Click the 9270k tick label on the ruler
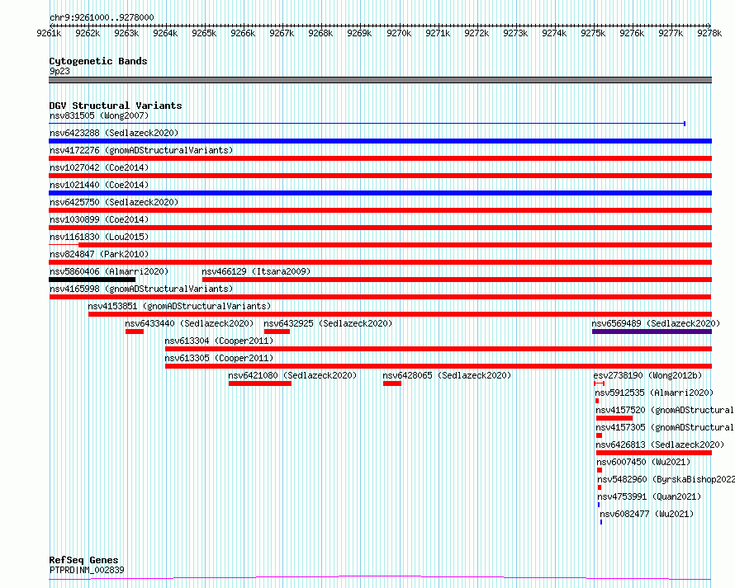coord(398,33)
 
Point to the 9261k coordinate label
coord(49,33)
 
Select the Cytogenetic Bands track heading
coord(98,61)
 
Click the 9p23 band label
coord(59,71)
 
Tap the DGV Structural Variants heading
coord(116,106)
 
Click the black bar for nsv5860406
coord(92,280)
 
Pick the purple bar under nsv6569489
coord(652,332)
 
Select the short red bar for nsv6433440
coord(135,332)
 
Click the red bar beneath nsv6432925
coord(277,332)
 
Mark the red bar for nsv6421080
coord(260,383)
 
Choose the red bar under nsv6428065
coord(392,383)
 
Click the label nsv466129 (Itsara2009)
coord(256,271)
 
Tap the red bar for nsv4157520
coord(614,418)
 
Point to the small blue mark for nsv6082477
coord(601,522)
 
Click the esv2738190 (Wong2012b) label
coord(647,375)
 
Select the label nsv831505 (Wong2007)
coord(99,115)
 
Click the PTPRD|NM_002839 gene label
coord(87,570)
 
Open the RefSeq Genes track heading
coord(83,561)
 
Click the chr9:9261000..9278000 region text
coord(102,18)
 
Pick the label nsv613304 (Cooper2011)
coord(219,341)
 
